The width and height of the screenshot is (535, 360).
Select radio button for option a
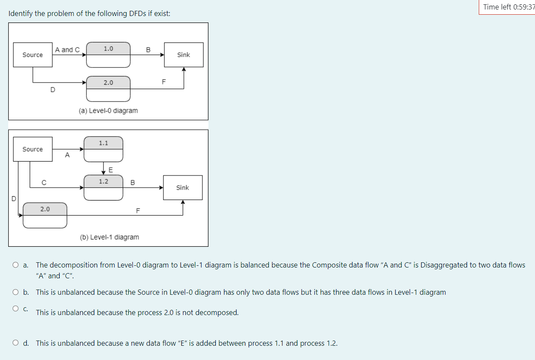(x=16, y=265)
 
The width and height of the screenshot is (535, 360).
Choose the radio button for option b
(x=16, y=292)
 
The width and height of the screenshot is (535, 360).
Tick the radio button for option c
(x=16, y=309)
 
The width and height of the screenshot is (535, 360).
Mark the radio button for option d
(x=16, y=343)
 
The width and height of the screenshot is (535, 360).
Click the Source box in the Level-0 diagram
(x=33, y=55)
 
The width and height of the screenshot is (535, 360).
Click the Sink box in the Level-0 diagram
(x=183, y=55)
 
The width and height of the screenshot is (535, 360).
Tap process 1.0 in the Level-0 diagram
(x=108, y=55)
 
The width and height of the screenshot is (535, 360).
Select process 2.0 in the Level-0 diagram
(x=108, y=89)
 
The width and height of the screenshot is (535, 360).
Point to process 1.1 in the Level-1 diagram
(x=103, y=149)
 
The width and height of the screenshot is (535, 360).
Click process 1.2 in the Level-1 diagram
(x=103, y=188)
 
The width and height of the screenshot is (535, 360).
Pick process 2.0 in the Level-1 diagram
(x=45, y=215)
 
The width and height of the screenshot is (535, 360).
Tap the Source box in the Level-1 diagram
(x=33, y=149)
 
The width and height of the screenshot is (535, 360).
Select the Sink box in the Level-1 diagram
(x=183, y=188)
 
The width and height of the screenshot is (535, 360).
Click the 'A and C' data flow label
(x=67, y=50)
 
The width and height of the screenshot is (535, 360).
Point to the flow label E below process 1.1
(x=110, y=169)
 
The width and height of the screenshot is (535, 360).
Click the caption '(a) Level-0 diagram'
(x=108, y=111)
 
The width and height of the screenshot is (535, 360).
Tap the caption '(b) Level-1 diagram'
(x=109, y=237)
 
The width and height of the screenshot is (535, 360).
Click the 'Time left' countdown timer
(x=509, y=7)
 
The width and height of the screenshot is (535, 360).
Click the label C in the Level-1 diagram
(x=44, y=183)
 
